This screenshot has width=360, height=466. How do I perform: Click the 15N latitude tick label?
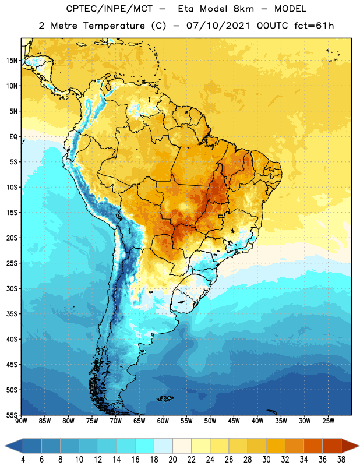click(x=12, y=61)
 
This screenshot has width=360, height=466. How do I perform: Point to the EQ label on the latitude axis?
click(x=13, y=137)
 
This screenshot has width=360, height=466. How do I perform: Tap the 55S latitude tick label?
click(x=12, y=415)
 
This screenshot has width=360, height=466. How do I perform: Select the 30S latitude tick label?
click(x=12, y=288)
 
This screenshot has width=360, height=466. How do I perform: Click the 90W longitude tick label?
click(x=21, y=421)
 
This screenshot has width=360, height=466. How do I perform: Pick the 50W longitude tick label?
click(x=210, y=421)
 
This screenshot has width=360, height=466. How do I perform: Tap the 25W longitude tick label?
click(x=328, y=421)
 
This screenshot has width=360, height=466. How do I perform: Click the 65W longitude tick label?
click(x=139, y=421)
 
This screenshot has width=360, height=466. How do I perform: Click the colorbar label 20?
click(x=172, y=460)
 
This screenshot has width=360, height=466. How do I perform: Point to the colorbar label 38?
click(x=341, y=460)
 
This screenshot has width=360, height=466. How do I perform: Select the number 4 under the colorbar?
click(x=23, y=460)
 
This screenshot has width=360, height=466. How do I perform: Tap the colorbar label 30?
click(x=266, y=460)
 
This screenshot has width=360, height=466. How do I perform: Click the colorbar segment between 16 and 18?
click(x=145, y=446)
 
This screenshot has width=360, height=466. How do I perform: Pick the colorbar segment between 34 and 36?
click(x=313, y=446)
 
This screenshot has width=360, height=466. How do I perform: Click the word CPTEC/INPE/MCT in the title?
click(x=110, y=9)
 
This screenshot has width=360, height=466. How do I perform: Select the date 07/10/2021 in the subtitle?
click(x=218, y=26)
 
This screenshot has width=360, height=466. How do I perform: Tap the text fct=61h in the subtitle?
click(x=314, y=26)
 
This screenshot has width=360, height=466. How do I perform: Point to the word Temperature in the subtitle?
click(x=114, y=26)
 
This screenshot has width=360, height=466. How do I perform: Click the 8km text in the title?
click(x=243, y=9)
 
